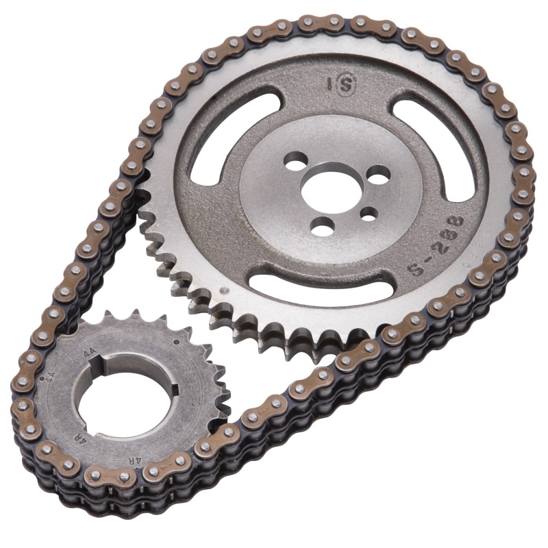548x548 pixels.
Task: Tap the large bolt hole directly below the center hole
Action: click(x=322, y=225)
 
